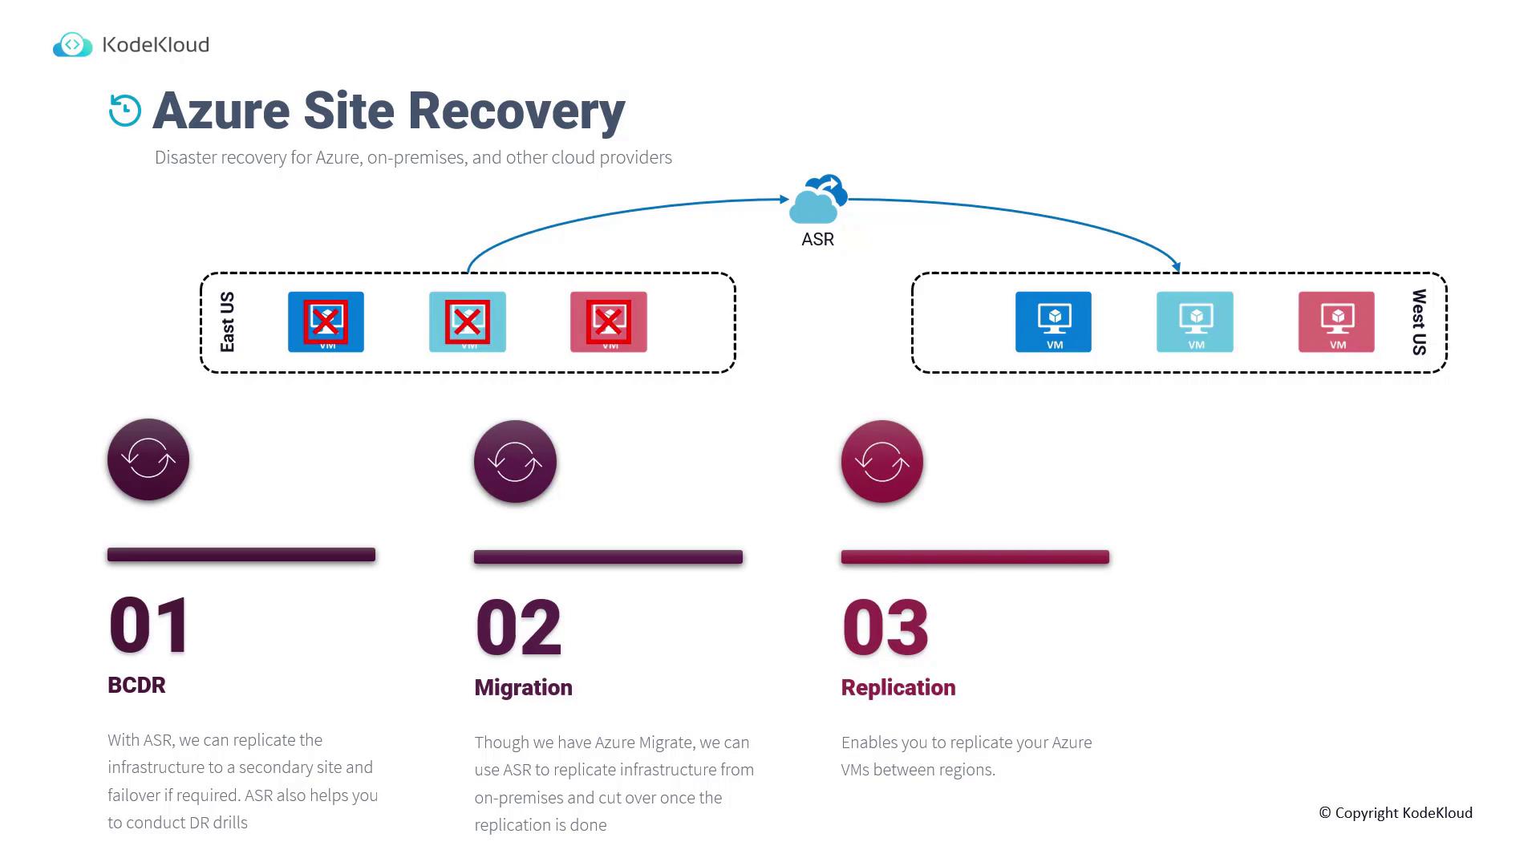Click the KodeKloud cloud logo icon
coord(73,45)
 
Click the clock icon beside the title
coord(125,111)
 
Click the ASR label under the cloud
coord(818,240)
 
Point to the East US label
coord(228,322)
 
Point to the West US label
coord(1419,322)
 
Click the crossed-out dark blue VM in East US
coord(326,322)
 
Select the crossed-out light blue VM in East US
coord(468,322)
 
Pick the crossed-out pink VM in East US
coord(609,322)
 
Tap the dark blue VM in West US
coord(1053,322)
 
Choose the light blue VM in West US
coord(1195,322)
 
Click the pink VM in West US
coord(1336,322)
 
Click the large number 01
coord(149,625)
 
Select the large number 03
coord(885,628)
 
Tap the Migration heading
coord(523,687)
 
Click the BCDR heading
coord(136,685)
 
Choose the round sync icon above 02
coord(515,461)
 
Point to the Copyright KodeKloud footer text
coord(1396,813)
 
